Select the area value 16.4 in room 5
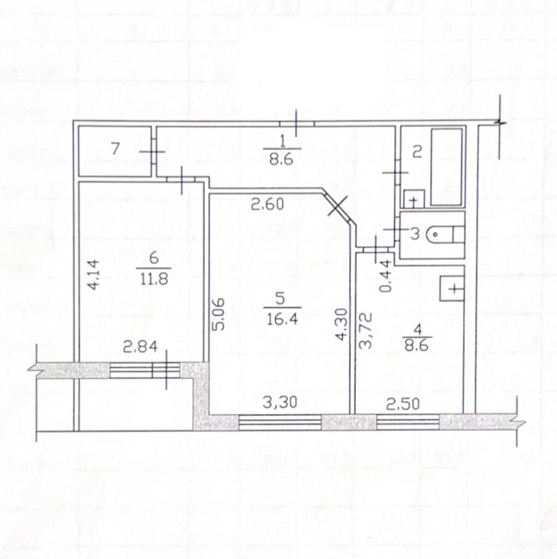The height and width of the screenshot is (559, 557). (x=282, y=319)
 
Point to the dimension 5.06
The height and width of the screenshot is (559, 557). (x=219, y=314)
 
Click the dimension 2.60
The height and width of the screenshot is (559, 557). (x=268, y=204)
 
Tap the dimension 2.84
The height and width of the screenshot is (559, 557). (x=140, y=346)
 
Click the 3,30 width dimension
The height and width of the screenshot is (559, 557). (x=280, y=402)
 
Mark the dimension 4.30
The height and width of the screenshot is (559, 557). (x=342, y=324)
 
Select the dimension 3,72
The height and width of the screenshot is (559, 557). (x=366, y=330)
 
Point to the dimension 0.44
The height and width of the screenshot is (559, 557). (x=385, y=276)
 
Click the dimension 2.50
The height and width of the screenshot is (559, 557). (x=403, y=404)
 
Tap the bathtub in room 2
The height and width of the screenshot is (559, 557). (x=447, y=167)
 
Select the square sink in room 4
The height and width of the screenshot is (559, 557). (x=452, y=288)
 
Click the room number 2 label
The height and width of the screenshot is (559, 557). (x=417, y=152)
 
